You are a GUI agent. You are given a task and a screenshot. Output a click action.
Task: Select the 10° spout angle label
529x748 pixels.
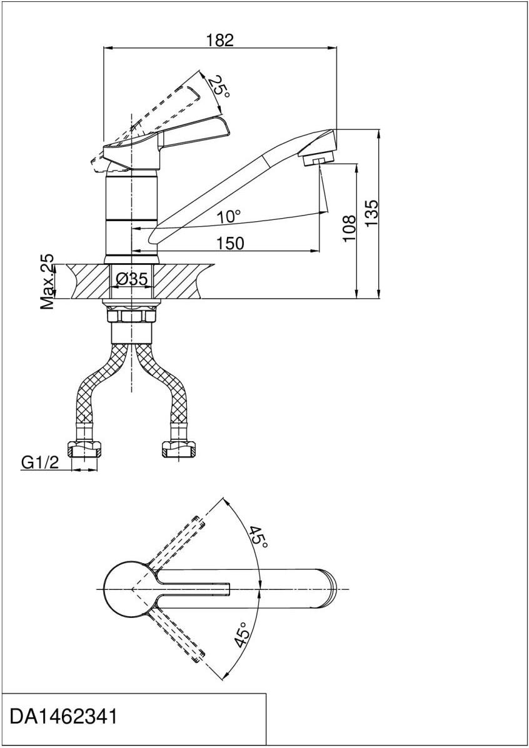click(229, 217)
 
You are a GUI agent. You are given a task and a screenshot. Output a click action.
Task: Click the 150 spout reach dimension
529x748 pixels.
click(230, 243)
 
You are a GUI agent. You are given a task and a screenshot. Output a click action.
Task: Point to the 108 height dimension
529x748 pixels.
click(350, 229)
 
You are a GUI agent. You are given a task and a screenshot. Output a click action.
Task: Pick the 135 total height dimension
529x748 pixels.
click(371, 212)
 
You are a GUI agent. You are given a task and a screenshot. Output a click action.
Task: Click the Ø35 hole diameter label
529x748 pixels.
click(132, 279)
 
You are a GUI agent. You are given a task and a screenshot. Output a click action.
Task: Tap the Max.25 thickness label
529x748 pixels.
click(47, 281)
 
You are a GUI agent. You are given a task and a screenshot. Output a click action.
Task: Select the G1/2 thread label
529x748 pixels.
click(40, 462)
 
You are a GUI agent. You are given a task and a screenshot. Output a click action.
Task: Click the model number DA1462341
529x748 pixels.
click(63, 717)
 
